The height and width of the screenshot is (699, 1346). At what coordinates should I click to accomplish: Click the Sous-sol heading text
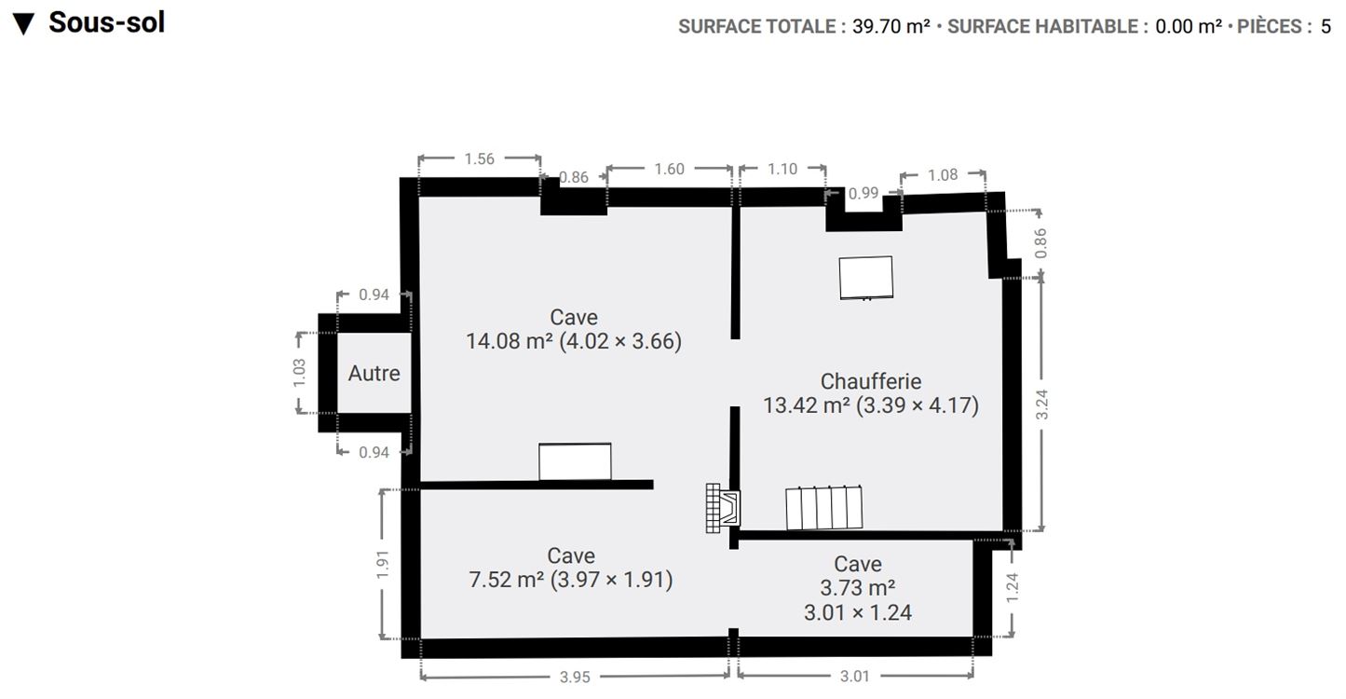[106, 22]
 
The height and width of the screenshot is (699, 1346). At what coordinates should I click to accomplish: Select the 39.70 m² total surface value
[891, 26]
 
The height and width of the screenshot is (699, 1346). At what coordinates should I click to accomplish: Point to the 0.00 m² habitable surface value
[1188, 26]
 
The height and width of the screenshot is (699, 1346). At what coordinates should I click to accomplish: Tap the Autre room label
[374, 373]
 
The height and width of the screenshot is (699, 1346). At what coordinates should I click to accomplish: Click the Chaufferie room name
[871, 381]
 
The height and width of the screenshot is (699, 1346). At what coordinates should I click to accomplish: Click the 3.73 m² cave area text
[857, 588]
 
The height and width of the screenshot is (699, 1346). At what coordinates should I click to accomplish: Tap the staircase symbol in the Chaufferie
[823, 507]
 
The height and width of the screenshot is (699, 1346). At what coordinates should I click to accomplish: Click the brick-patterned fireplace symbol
[723, 508]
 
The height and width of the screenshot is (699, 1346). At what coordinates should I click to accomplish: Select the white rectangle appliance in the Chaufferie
[865, 278]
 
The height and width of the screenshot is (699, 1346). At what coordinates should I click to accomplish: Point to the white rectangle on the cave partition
[575, 461]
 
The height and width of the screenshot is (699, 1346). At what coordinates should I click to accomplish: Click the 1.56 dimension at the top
[479, 158]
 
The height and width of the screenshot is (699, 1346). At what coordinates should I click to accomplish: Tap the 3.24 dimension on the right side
[1041, 404]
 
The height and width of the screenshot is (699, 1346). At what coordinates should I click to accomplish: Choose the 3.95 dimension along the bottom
[575, 678]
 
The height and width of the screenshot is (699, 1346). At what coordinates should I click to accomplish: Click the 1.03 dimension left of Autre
[299, 373]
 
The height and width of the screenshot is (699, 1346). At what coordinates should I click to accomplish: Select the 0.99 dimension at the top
[863, 193]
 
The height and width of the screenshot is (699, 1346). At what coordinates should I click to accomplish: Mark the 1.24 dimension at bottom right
[1013, 587]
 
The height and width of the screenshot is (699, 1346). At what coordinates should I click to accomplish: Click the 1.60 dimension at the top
[669, 169]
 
